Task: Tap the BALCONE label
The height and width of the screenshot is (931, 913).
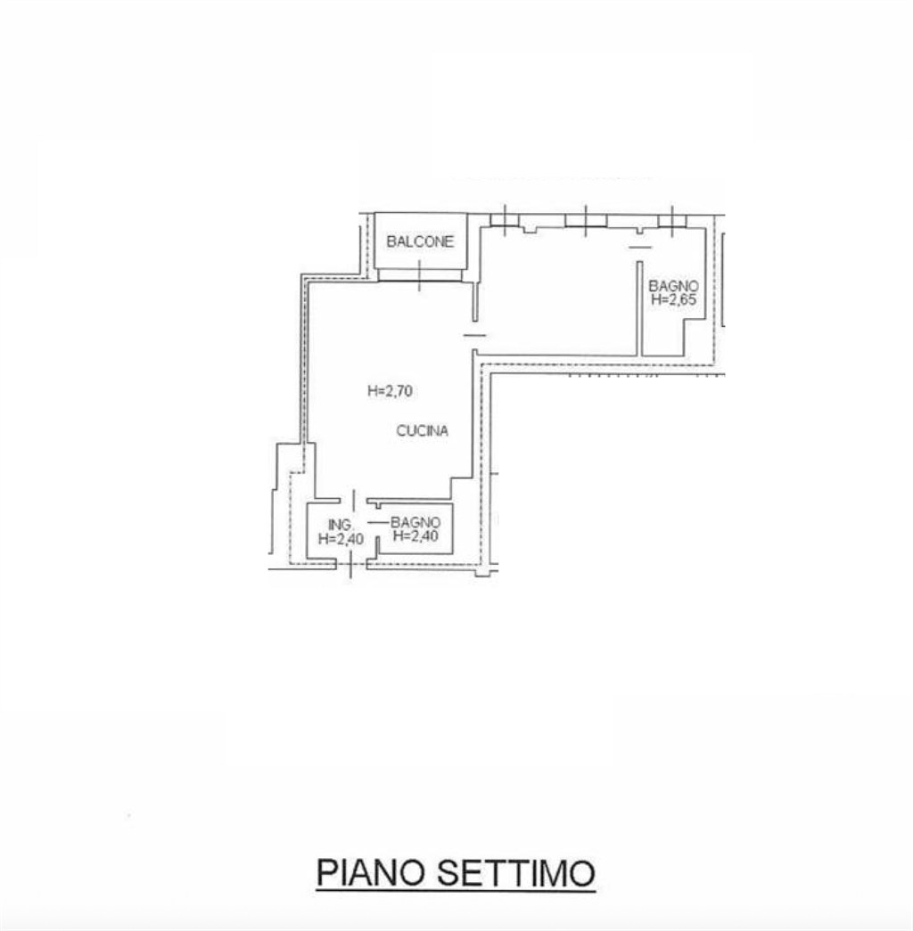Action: [420, 241]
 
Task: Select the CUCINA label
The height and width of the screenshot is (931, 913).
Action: [422, 431]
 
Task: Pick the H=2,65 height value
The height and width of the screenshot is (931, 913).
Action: [673, 300]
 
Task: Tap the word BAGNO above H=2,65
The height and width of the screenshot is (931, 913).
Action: [673, 286]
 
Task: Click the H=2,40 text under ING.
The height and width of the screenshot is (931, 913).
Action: [340, 538]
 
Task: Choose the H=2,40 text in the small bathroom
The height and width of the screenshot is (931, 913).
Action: [415, 537]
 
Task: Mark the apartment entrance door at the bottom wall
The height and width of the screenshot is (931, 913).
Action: [351, 562]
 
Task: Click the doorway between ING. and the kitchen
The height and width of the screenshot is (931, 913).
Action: [353, 501]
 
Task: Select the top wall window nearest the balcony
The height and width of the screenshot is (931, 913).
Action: [504, 219]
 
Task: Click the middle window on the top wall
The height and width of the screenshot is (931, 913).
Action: [586, 219]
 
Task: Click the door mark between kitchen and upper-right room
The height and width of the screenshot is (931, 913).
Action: [475, 335]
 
